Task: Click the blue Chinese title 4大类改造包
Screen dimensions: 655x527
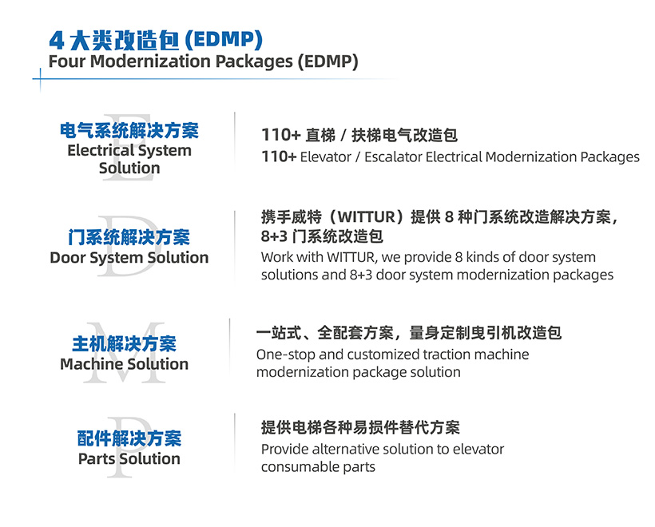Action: coord(114,41)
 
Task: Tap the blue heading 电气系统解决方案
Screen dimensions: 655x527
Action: coord(129,131)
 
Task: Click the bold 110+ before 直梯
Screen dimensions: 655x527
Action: coord(281,135)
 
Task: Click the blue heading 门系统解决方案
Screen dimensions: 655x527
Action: coord(129,238)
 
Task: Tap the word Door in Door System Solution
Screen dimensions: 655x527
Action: coord(67,258)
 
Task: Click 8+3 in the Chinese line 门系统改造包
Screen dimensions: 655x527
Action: coord(274,236)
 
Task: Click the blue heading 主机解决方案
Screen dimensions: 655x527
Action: coord(124,344)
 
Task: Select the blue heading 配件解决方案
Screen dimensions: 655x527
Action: coord(129,438)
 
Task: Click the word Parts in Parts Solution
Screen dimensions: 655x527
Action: coord(97,459)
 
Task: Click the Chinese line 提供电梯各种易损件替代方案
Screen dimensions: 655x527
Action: coord(360,428)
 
